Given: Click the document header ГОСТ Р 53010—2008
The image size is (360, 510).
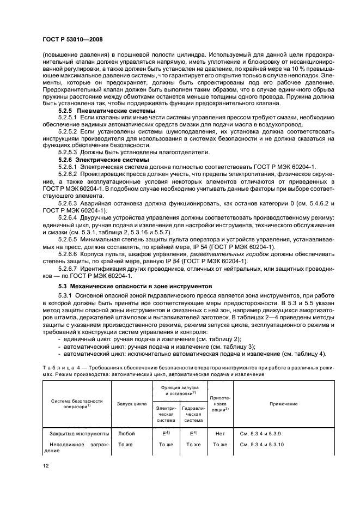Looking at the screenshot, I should click(72, 39).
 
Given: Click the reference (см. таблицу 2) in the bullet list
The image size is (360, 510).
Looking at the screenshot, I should click(229, 338).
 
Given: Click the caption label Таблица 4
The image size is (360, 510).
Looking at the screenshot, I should click(60, 369).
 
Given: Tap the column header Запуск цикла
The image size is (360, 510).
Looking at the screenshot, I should click(131, 404).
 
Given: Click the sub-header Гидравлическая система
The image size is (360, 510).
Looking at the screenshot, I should click(193, 414).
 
